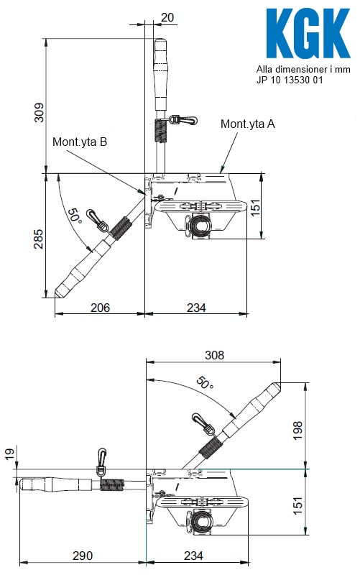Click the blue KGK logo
pyautogui.click(x=308, y=33)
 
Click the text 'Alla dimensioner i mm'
pyautogui.click(x=303, y=69)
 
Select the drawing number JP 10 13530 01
pyautogui.click(x=290, y=80)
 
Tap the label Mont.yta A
pyautogui.click(x=247, y=124)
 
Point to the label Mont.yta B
pyautogui.click(x=80, y=142)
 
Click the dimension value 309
pyautogui.click(x=39, y=112)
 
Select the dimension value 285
pyautogui.click(x=39, y=239)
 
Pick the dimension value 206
pyautogui.click(x=101, y=308)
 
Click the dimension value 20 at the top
pyautogui.click(x=167, y=17)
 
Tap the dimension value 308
pyautogui.click(x=214, y=355)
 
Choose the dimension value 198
pyautogui.click(x=297, y=431)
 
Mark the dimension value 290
pyautogui.click(x=83, y=556)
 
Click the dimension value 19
pyautogui.click(x=9, y=454)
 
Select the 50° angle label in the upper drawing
pyautogui.click(x=74, y=216)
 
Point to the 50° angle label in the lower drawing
pyautogui.click(x=205, y=383)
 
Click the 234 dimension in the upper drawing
pyautogui.click(x=196, y=308)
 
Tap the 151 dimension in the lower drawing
pyautogui.click(x=297, y=505)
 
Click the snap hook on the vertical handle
pyautogui.click(x=183, y=120)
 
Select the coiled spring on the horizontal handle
pyautogui.click(x=112, y=484)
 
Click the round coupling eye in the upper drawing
pyautogui.click(x=201, y=226)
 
